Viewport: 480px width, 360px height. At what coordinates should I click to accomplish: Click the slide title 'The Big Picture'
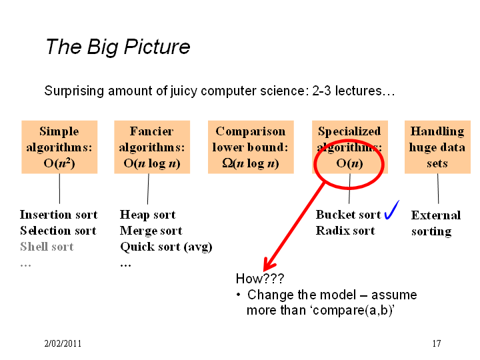(118, 47)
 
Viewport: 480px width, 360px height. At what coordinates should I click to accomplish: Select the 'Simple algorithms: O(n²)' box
(59, 147)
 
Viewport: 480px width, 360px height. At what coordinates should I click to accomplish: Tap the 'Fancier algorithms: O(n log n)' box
(152, 147)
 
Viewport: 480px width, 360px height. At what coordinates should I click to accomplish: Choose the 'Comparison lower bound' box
(251, 147)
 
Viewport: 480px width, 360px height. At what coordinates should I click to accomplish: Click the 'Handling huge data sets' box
(437, 147)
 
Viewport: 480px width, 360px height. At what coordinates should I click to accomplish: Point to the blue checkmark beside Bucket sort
(392, 210)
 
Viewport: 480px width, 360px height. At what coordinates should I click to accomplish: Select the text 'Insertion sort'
(59, 215)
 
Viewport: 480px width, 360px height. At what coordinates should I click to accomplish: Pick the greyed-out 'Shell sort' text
(47, 247)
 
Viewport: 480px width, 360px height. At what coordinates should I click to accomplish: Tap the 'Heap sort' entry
(147, 215)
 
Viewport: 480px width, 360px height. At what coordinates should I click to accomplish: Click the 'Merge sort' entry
(151, 231)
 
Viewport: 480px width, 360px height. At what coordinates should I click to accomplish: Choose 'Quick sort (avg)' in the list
(166, 247)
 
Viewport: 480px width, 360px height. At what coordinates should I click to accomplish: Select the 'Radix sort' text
(345, 231)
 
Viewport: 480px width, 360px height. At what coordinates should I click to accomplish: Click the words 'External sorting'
(436, 223)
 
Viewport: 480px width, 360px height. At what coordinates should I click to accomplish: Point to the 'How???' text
(260, 279)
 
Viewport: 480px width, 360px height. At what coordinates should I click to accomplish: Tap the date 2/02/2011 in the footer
(63, 343)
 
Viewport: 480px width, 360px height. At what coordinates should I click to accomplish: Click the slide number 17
(437, 343)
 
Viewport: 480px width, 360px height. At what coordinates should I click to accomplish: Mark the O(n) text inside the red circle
(349, 163)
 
